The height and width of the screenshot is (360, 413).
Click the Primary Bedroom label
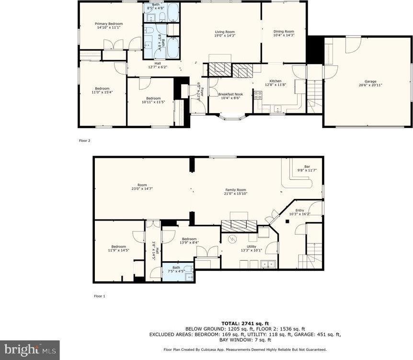(108, 24)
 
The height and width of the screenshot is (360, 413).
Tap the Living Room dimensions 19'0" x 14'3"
(225, 35)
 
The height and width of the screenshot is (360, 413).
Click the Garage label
(370, 81)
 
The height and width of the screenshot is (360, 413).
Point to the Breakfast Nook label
(230, 94)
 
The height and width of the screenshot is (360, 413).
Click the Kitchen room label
(275, 81)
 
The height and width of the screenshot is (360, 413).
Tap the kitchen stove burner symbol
(258, 94)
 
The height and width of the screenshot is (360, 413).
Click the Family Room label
(235, 190)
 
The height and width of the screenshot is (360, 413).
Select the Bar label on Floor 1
(307, 167)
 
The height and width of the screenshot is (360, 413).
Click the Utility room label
(252, 246)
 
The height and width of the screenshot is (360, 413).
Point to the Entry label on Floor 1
(299, 210)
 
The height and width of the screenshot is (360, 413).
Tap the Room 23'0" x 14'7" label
(142, 185)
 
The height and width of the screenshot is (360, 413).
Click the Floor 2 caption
(85, 141)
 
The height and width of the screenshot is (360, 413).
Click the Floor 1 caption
(99, 296)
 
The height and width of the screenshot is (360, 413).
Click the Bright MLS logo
(30, 350)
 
